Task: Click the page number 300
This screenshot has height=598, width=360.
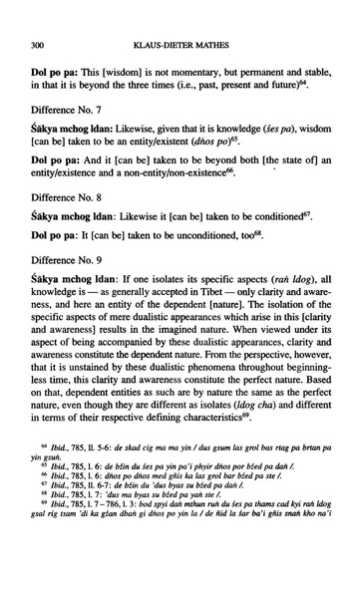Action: coord(39,45)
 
